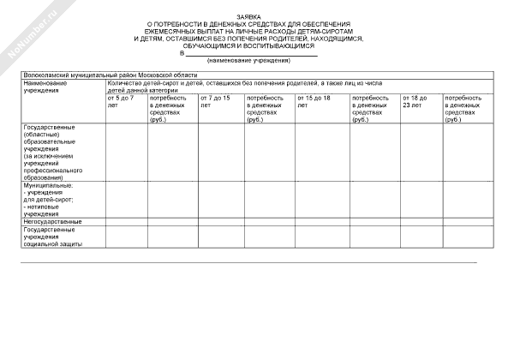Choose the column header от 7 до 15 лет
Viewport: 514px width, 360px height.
point(215,101)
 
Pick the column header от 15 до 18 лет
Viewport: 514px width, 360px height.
point(314,101)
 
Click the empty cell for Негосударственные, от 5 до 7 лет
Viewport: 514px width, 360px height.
point(126,222)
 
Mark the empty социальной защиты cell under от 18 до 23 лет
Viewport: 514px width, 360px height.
point(421,237)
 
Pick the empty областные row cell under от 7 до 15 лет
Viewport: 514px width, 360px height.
point(220,152)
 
